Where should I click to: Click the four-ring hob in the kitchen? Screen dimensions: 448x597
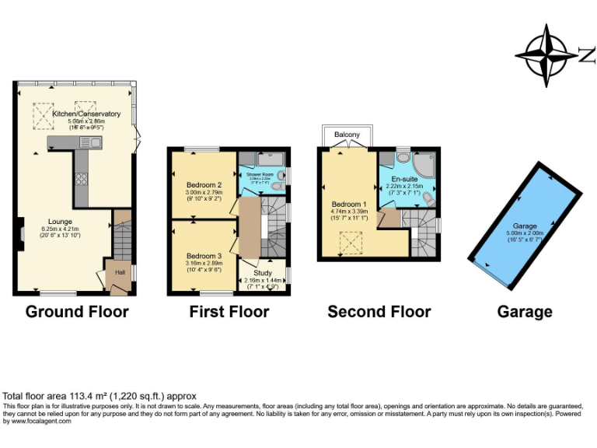[x=80, y=179]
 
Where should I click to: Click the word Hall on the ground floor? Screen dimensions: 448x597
[x=120, y=272]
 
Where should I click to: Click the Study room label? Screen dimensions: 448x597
[x=263, y=273]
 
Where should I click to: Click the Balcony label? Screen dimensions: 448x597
[x=347, y=135]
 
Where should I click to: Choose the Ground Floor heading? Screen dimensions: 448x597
[x=77, y=312]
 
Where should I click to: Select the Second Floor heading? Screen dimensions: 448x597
[x=379, y=312]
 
